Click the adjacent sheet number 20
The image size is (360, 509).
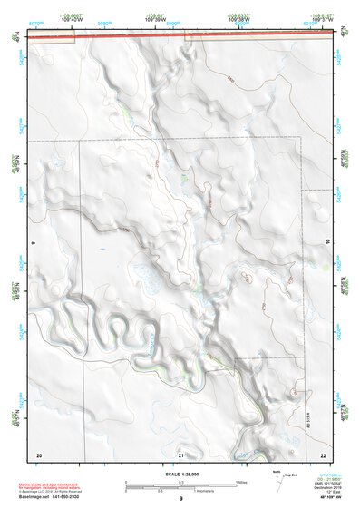point(38,454)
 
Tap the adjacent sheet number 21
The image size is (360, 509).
point(180,454)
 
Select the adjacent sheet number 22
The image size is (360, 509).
point(323,454)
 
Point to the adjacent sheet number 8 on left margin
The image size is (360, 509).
point(33,243)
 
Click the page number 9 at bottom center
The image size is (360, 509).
point(180,499)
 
